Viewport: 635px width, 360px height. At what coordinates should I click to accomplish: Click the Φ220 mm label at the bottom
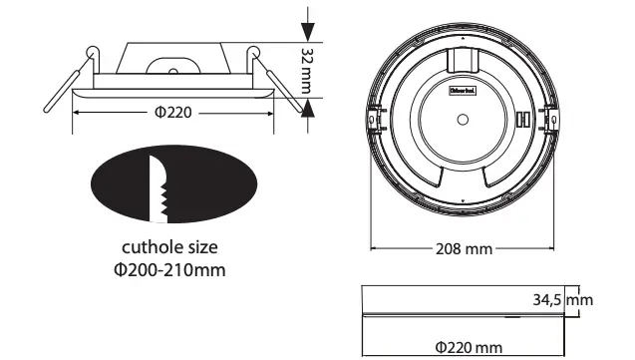coord(468,346)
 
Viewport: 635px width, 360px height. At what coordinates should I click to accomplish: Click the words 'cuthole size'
coord(169,245)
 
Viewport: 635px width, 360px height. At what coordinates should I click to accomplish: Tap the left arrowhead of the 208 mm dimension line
coord(376,248)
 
